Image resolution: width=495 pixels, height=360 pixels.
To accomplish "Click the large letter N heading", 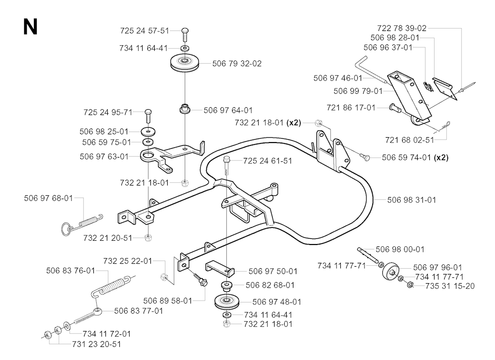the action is pyautogui.click(x=30, y=27).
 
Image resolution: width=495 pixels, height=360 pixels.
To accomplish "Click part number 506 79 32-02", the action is pyautogui.click(x=237, y=64).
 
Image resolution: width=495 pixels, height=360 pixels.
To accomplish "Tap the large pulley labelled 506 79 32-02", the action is pyautogui.click(x=185, y=62).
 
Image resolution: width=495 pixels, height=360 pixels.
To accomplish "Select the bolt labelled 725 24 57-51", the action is pyautogui.click(x=185, y=35).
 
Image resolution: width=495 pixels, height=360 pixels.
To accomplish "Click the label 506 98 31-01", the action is pyautogui.click(x=411, y=200).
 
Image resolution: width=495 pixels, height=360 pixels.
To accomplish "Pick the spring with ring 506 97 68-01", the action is pyautogui.click(x=81, y=224).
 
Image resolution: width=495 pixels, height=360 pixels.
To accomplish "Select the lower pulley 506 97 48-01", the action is pyautogui.click(x=227, y=302).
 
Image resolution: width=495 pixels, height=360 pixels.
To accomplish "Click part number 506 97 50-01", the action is pyautogui.click(x=273, y=272).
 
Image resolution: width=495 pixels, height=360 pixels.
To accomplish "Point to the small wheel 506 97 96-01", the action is pyautogui.click(x=390, y=272).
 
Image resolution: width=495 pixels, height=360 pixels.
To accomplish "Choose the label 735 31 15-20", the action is pyautogui.click(x=450, y=286).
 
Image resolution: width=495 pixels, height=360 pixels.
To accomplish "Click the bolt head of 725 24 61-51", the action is pyautogui.click(x=227, y=158).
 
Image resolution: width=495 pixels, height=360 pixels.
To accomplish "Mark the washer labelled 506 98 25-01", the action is pyautogui.click(x=148, y=131).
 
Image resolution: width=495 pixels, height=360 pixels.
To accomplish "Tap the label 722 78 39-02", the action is pyautogui.click(x=402, y=29).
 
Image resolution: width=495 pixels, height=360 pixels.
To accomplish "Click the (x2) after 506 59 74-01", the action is pyautogui.click(x=441, y=158).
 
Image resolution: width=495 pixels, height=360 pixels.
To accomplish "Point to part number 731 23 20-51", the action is pyautogui.click(x=97, y=344).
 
